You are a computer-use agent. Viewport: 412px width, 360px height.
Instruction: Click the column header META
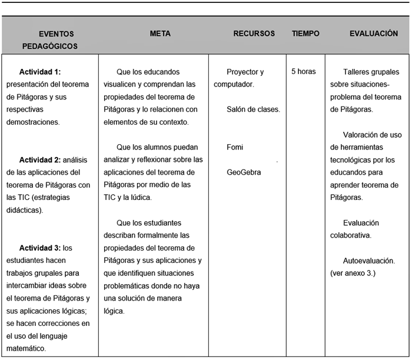[x=160, y=34]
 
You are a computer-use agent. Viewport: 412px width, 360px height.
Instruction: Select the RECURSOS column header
[x=254, y=34]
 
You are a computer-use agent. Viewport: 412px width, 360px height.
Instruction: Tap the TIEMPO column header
[x=305, y=34]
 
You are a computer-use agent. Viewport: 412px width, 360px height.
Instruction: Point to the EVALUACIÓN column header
[x=374, y=34]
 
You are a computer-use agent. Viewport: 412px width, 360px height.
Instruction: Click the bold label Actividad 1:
[x=44, y=72]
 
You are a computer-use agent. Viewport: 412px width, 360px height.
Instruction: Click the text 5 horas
[x=304, y=72]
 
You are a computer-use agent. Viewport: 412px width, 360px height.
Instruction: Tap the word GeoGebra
[x=244, y=172]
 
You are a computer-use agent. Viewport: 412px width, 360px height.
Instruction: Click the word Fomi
[x=235, y=147]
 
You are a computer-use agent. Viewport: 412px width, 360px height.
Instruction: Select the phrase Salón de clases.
[x=253, y=109]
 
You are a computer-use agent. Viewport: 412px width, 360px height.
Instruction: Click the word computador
[x=233, y=85]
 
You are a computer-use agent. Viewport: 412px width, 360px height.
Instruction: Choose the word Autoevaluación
[x=368, y=261]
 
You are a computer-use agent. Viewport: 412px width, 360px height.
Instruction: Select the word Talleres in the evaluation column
[x=358, y=72]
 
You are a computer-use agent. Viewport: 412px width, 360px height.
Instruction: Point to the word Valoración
[x=363, y=135]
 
